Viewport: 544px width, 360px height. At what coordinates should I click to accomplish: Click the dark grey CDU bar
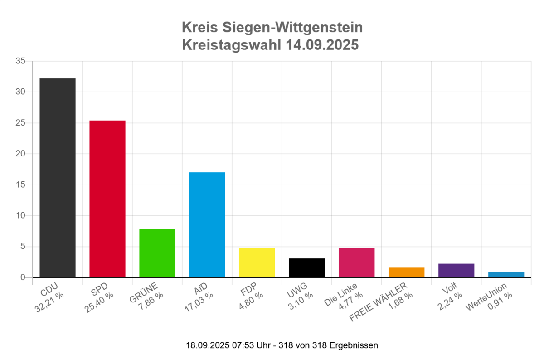pyautogui.click(x=58, y=178)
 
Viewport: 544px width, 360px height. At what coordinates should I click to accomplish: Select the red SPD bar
pyautogui.click(x=107, y=199)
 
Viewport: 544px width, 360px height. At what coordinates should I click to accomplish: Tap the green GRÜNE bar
pyautogui.click(x=157, y=253)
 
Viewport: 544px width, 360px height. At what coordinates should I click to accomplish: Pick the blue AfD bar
pyautogui.click(x=207, y=224)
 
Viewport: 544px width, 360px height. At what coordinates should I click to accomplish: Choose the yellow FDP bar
pyautogui.click(x=257, y=263)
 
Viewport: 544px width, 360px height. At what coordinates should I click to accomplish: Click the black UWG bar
pyautogui.click(x=307, y=268)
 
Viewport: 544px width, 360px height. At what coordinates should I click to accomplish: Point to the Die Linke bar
pyautogui.click(x=357, y=263)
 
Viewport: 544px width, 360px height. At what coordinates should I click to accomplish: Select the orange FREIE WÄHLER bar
pyautogui.click(x=407, y=272)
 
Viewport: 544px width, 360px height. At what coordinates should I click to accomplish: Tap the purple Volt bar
pyautogui.click(x=457, y=270)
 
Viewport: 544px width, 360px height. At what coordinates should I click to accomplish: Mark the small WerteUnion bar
pyautogui.click(x=506, y=274)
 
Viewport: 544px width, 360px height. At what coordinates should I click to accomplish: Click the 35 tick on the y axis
pyautogui.click(x=21, y=61)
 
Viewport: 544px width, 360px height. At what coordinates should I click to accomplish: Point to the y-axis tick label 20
pyautogui.click(x=21, y=154)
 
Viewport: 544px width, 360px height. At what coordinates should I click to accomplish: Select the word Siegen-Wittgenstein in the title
pyautogui.click(x=293, y=28)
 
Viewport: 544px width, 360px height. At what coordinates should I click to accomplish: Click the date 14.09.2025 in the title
pyautogui.click(x=322, y=45)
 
